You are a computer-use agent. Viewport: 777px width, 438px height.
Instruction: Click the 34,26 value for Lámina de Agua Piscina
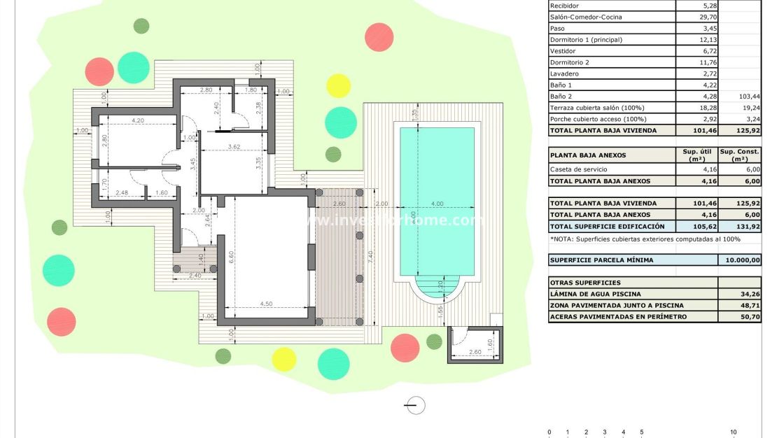point(750,295)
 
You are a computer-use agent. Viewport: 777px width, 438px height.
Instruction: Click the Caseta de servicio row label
point(579,170)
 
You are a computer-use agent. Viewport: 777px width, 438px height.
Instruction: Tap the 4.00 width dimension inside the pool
point(437,204)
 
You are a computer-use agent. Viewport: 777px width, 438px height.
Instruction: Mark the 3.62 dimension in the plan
point(234,147)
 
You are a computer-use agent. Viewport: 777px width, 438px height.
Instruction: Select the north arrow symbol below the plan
point(416,404)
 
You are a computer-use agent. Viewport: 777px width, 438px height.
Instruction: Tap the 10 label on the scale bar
point(733,432)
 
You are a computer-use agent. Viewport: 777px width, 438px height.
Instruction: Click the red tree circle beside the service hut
point(404,347)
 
